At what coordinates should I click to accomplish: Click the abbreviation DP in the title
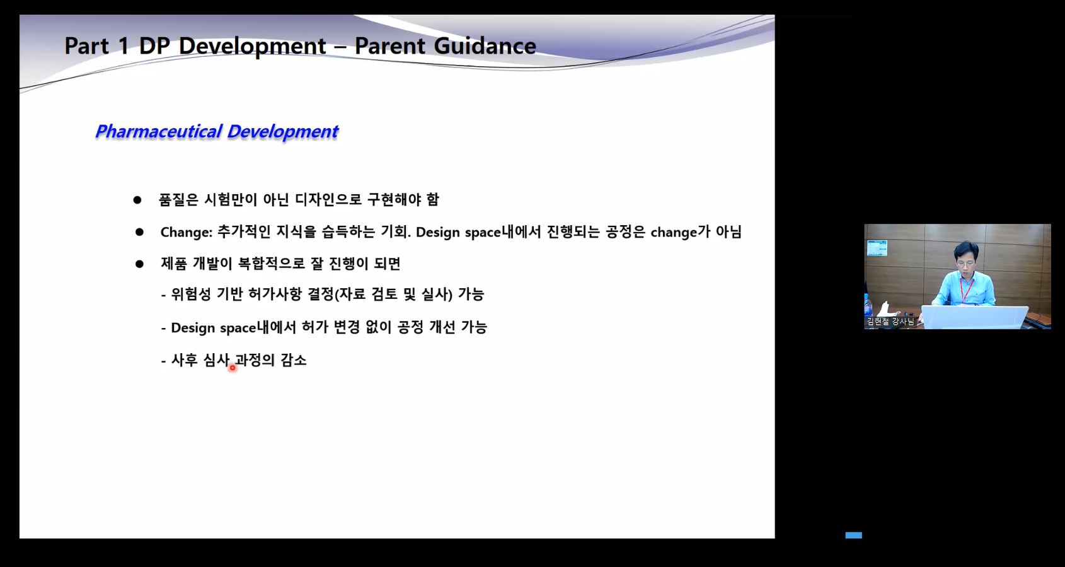coord(154,46)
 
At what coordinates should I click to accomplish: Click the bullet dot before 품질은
coord(137,201)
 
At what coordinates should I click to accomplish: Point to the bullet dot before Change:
coord(139,232)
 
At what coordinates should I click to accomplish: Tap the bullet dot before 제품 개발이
coord(139,264)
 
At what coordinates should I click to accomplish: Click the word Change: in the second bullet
coord(187,232)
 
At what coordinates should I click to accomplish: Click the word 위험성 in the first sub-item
coord(191,294)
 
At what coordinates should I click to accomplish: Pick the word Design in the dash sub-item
coord(193,328)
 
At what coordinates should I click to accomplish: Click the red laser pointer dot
coord(233,368)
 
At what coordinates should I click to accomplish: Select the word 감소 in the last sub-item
coord(294,359)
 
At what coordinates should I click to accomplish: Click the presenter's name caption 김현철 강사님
coord(890,322)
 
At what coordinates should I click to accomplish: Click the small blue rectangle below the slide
coord(853,535)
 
